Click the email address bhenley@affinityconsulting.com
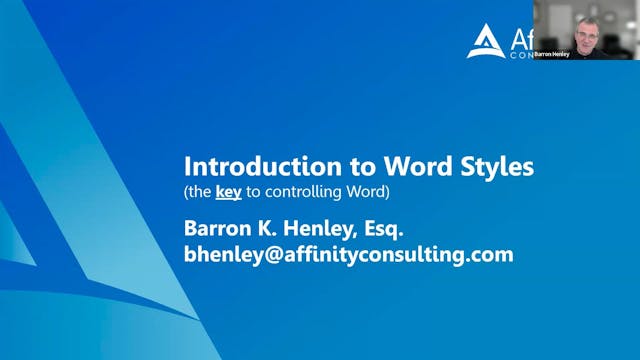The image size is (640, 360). [348, 254]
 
